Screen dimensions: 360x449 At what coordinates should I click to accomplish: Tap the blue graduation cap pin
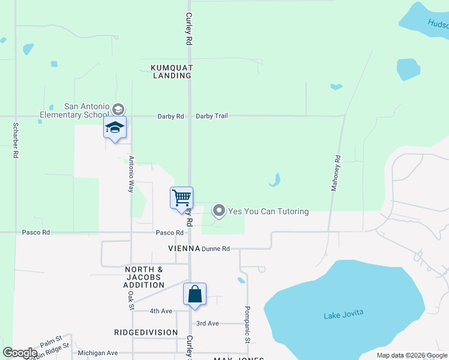115,128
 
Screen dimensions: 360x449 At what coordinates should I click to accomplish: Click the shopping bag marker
194,295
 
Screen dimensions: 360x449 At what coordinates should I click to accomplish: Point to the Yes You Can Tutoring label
268,211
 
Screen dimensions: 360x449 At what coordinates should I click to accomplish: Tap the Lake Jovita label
343,315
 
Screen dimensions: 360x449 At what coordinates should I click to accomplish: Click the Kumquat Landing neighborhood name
172,72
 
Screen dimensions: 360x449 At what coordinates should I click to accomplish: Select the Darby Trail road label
212,116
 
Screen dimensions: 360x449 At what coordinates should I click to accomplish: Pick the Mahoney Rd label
336,173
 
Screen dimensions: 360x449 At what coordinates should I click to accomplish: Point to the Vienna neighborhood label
184,248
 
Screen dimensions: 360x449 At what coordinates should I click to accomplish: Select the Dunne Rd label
216,248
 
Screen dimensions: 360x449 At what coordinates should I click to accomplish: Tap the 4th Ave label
161,311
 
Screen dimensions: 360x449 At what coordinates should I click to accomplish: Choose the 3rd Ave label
208,323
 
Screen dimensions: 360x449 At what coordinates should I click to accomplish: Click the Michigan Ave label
98,353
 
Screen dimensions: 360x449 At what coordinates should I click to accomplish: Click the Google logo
20,353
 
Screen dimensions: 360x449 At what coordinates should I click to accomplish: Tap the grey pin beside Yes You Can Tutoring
219,211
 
